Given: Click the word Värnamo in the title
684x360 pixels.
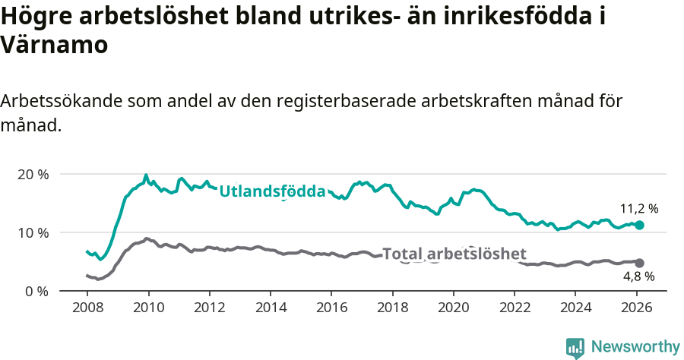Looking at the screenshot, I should (x=55, y=45).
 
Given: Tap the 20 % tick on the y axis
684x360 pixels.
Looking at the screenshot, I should (x=33, y=174).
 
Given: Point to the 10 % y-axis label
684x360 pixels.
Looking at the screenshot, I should (x=33, y=232).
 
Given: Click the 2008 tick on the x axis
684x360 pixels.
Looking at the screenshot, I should (x=87, y=309).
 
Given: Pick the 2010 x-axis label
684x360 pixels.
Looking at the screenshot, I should (x=148, y=309).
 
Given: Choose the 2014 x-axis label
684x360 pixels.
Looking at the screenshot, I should (x=271, y=309).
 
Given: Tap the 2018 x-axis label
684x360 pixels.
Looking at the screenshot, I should (x=392, y=309).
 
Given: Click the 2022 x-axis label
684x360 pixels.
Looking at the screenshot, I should (x=515, y=309).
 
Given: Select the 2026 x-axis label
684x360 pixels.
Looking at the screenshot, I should (x=636, y=309).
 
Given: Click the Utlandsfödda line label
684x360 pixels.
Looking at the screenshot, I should (x=272, y=191).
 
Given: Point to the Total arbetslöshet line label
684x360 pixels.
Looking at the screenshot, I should (x=454, y=254).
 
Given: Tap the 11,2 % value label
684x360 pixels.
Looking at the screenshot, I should (x=639, y=208).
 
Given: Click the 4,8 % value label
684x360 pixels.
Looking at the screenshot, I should (x=638, y=277).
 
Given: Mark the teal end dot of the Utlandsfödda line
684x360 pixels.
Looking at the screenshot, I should (x=639, y=225).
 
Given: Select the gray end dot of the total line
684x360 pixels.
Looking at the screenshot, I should (x=639, y=263).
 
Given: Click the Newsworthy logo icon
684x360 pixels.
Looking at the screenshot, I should (x=575, y=347).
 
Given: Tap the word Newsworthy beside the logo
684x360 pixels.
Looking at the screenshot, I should (x=635, y=347).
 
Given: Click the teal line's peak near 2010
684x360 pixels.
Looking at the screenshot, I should (x=146, y=175).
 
